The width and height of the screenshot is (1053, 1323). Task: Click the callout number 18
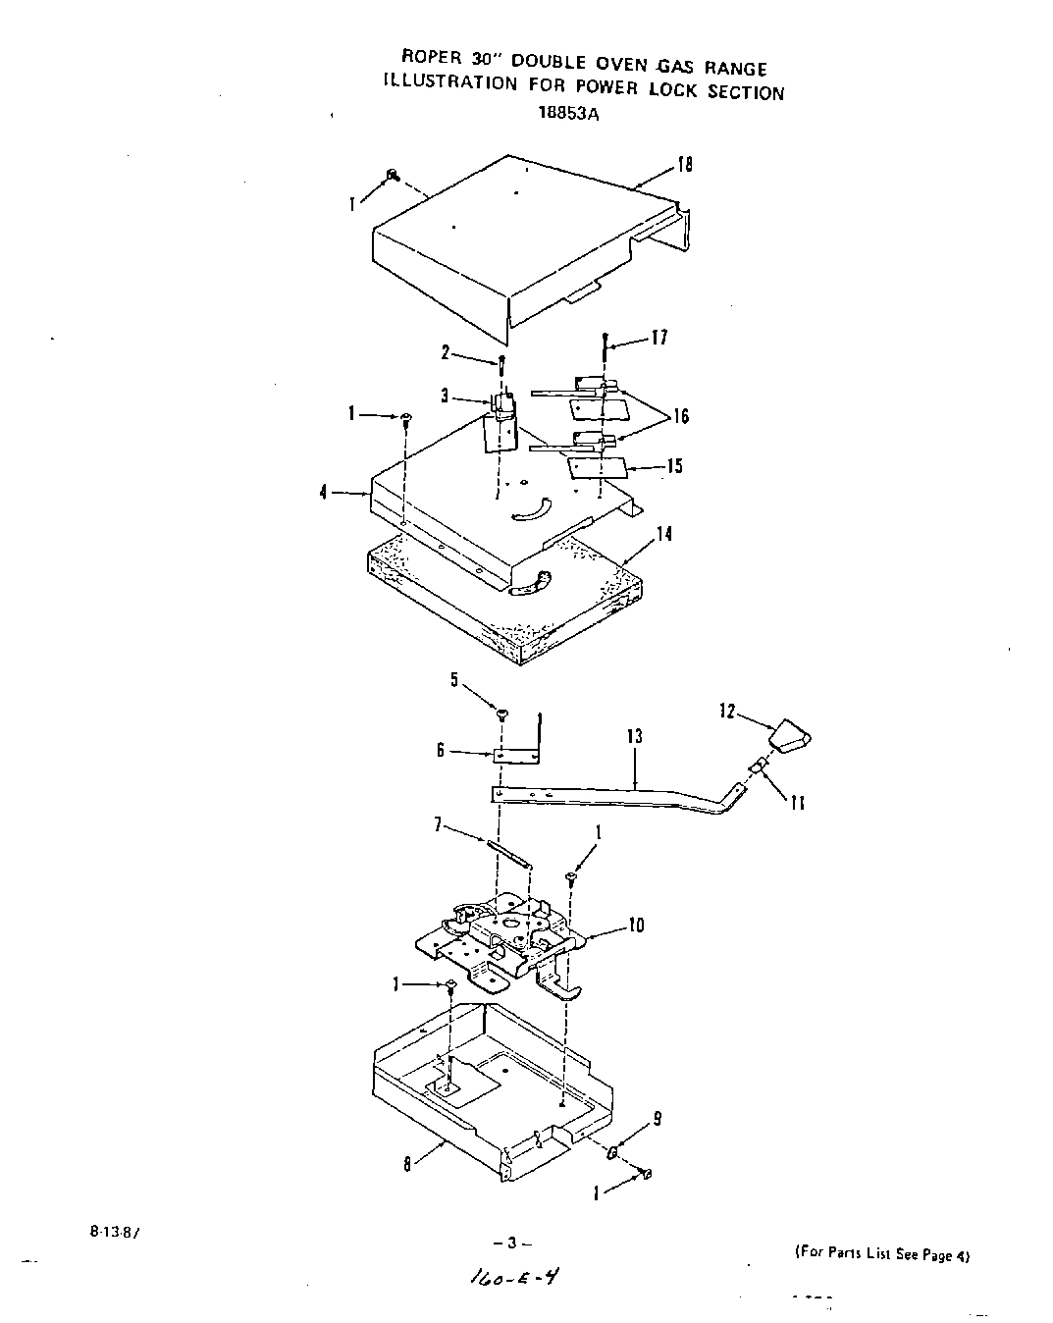click(685, 165)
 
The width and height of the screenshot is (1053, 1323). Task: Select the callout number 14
click(664, 534)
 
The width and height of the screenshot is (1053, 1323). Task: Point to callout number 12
click(727, 711)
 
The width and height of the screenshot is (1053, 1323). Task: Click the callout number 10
click(636, 925)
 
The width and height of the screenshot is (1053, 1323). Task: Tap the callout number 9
click(657, 1116)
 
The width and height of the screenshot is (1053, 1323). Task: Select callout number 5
click(454, 679)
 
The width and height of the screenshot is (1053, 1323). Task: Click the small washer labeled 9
click(612, 1150)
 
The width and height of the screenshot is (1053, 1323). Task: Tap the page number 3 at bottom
click(511, 1244)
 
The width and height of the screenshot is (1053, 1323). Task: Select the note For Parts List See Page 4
click(880, 1255)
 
